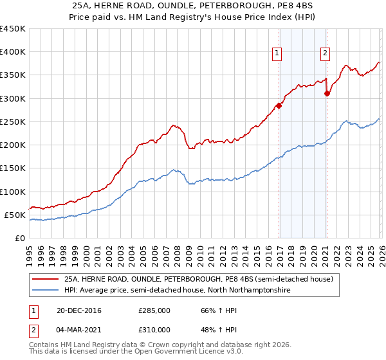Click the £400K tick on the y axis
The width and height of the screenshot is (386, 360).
click(13, 52)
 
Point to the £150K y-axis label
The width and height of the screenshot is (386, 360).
click(13, 168)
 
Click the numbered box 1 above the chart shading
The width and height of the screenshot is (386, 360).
click(277, 54)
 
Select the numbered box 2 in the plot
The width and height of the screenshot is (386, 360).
click(326, 54)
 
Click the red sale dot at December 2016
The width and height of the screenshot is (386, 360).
click(279, 105)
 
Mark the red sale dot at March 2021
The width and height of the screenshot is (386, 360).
click(327, 94)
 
